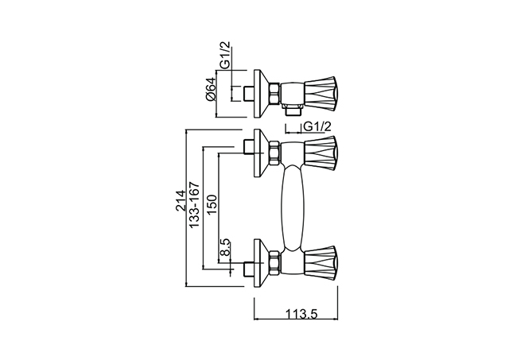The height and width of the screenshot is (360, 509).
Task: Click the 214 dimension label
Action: coord(181,200)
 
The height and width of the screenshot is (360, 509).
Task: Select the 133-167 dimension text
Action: coord(194,204)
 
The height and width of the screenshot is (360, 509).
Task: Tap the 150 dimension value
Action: coord(212,204)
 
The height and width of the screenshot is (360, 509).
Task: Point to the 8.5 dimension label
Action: coord(224,247)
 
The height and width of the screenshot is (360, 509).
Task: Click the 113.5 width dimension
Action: coord(301,314)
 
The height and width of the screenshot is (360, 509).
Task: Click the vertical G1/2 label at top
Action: coord(224,55)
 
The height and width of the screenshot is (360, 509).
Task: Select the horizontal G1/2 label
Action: coord(317,126)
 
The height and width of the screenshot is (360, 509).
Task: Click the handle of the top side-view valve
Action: coord(321,93)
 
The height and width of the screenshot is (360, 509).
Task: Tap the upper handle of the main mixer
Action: coord(321,153)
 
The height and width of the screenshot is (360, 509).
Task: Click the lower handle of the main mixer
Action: coord(321,263)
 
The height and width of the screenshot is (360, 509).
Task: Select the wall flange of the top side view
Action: coord(261,94)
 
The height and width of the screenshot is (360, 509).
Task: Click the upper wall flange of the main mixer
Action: coord(261,153)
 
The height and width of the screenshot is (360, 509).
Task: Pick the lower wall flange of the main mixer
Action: coord(261,263)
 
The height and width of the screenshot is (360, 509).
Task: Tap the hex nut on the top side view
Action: coord(274,94)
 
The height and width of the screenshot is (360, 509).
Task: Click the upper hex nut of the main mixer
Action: coord(274,153)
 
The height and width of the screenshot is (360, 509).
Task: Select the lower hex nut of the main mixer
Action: coord(274,263)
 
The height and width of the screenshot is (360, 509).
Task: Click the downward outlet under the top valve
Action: coord(292,110)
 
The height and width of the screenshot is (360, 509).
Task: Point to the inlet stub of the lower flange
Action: coord(249,269)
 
